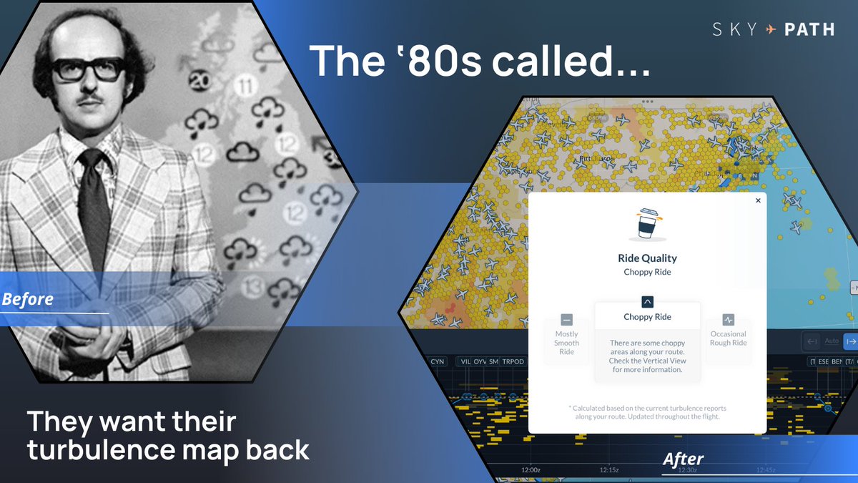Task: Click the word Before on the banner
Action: coord(27,299)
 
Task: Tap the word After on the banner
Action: coord(683,459)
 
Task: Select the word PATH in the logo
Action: coord(809,29)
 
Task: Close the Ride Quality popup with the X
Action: coord(758,201)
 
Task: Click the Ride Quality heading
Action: coord(647,258)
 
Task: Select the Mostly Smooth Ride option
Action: coord(566,337)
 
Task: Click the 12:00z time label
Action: coord(531,470)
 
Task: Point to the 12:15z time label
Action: coord(609,470)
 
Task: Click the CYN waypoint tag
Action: coord(437,361)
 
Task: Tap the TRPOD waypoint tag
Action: coord(513,361)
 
